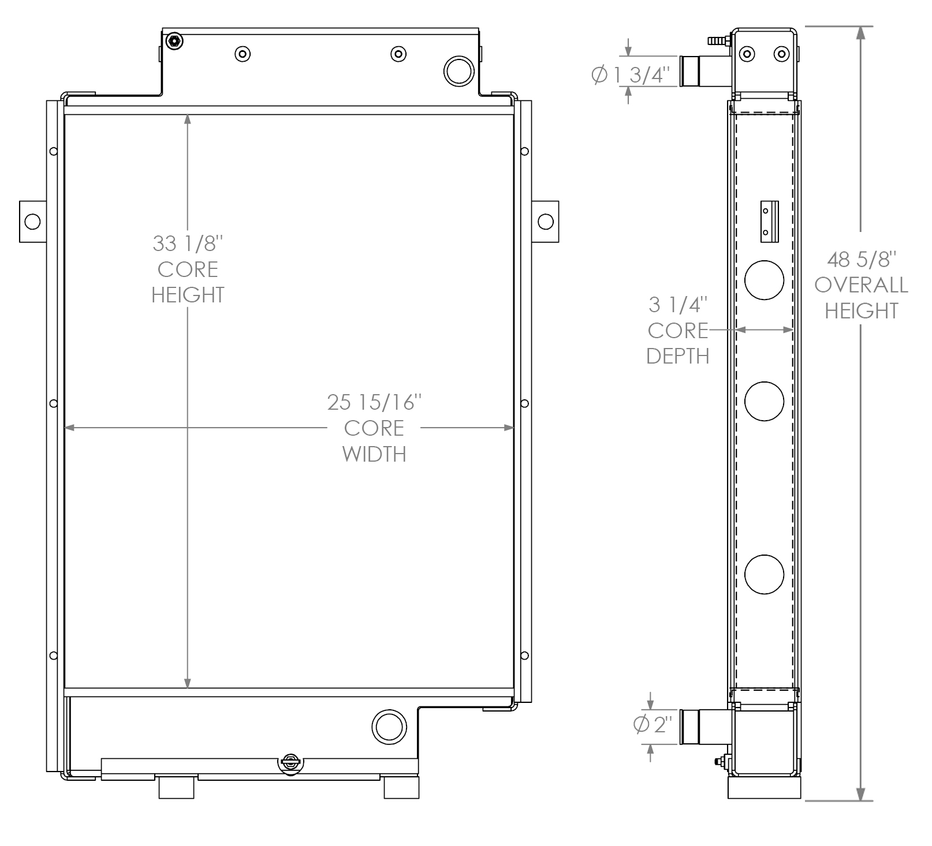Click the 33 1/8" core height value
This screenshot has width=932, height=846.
pos(188,244)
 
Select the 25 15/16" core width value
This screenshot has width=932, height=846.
pos(374,402)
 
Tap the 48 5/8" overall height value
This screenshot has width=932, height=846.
pos(861,259)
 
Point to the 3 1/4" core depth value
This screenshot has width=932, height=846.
pos(678,304)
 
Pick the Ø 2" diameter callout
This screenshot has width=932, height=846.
pos(653,724)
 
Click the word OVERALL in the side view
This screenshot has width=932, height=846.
pos(861,285)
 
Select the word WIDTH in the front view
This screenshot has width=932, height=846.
pos(374,454)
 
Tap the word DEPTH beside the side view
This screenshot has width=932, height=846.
pos(678,356)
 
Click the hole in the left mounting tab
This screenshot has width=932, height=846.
pos(32,222)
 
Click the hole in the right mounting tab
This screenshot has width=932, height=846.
pos(545,222)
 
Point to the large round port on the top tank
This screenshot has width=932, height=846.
pos(460,70)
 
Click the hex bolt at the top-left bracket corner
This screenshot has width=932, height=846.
pos(174,41)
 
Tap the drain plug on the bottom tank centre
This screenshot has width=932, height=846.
pos(290,763)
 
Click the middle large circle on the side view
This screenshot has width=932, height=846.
pos(764,400)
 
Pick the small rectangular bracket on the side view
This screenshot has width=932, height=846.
pos(769,221)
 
